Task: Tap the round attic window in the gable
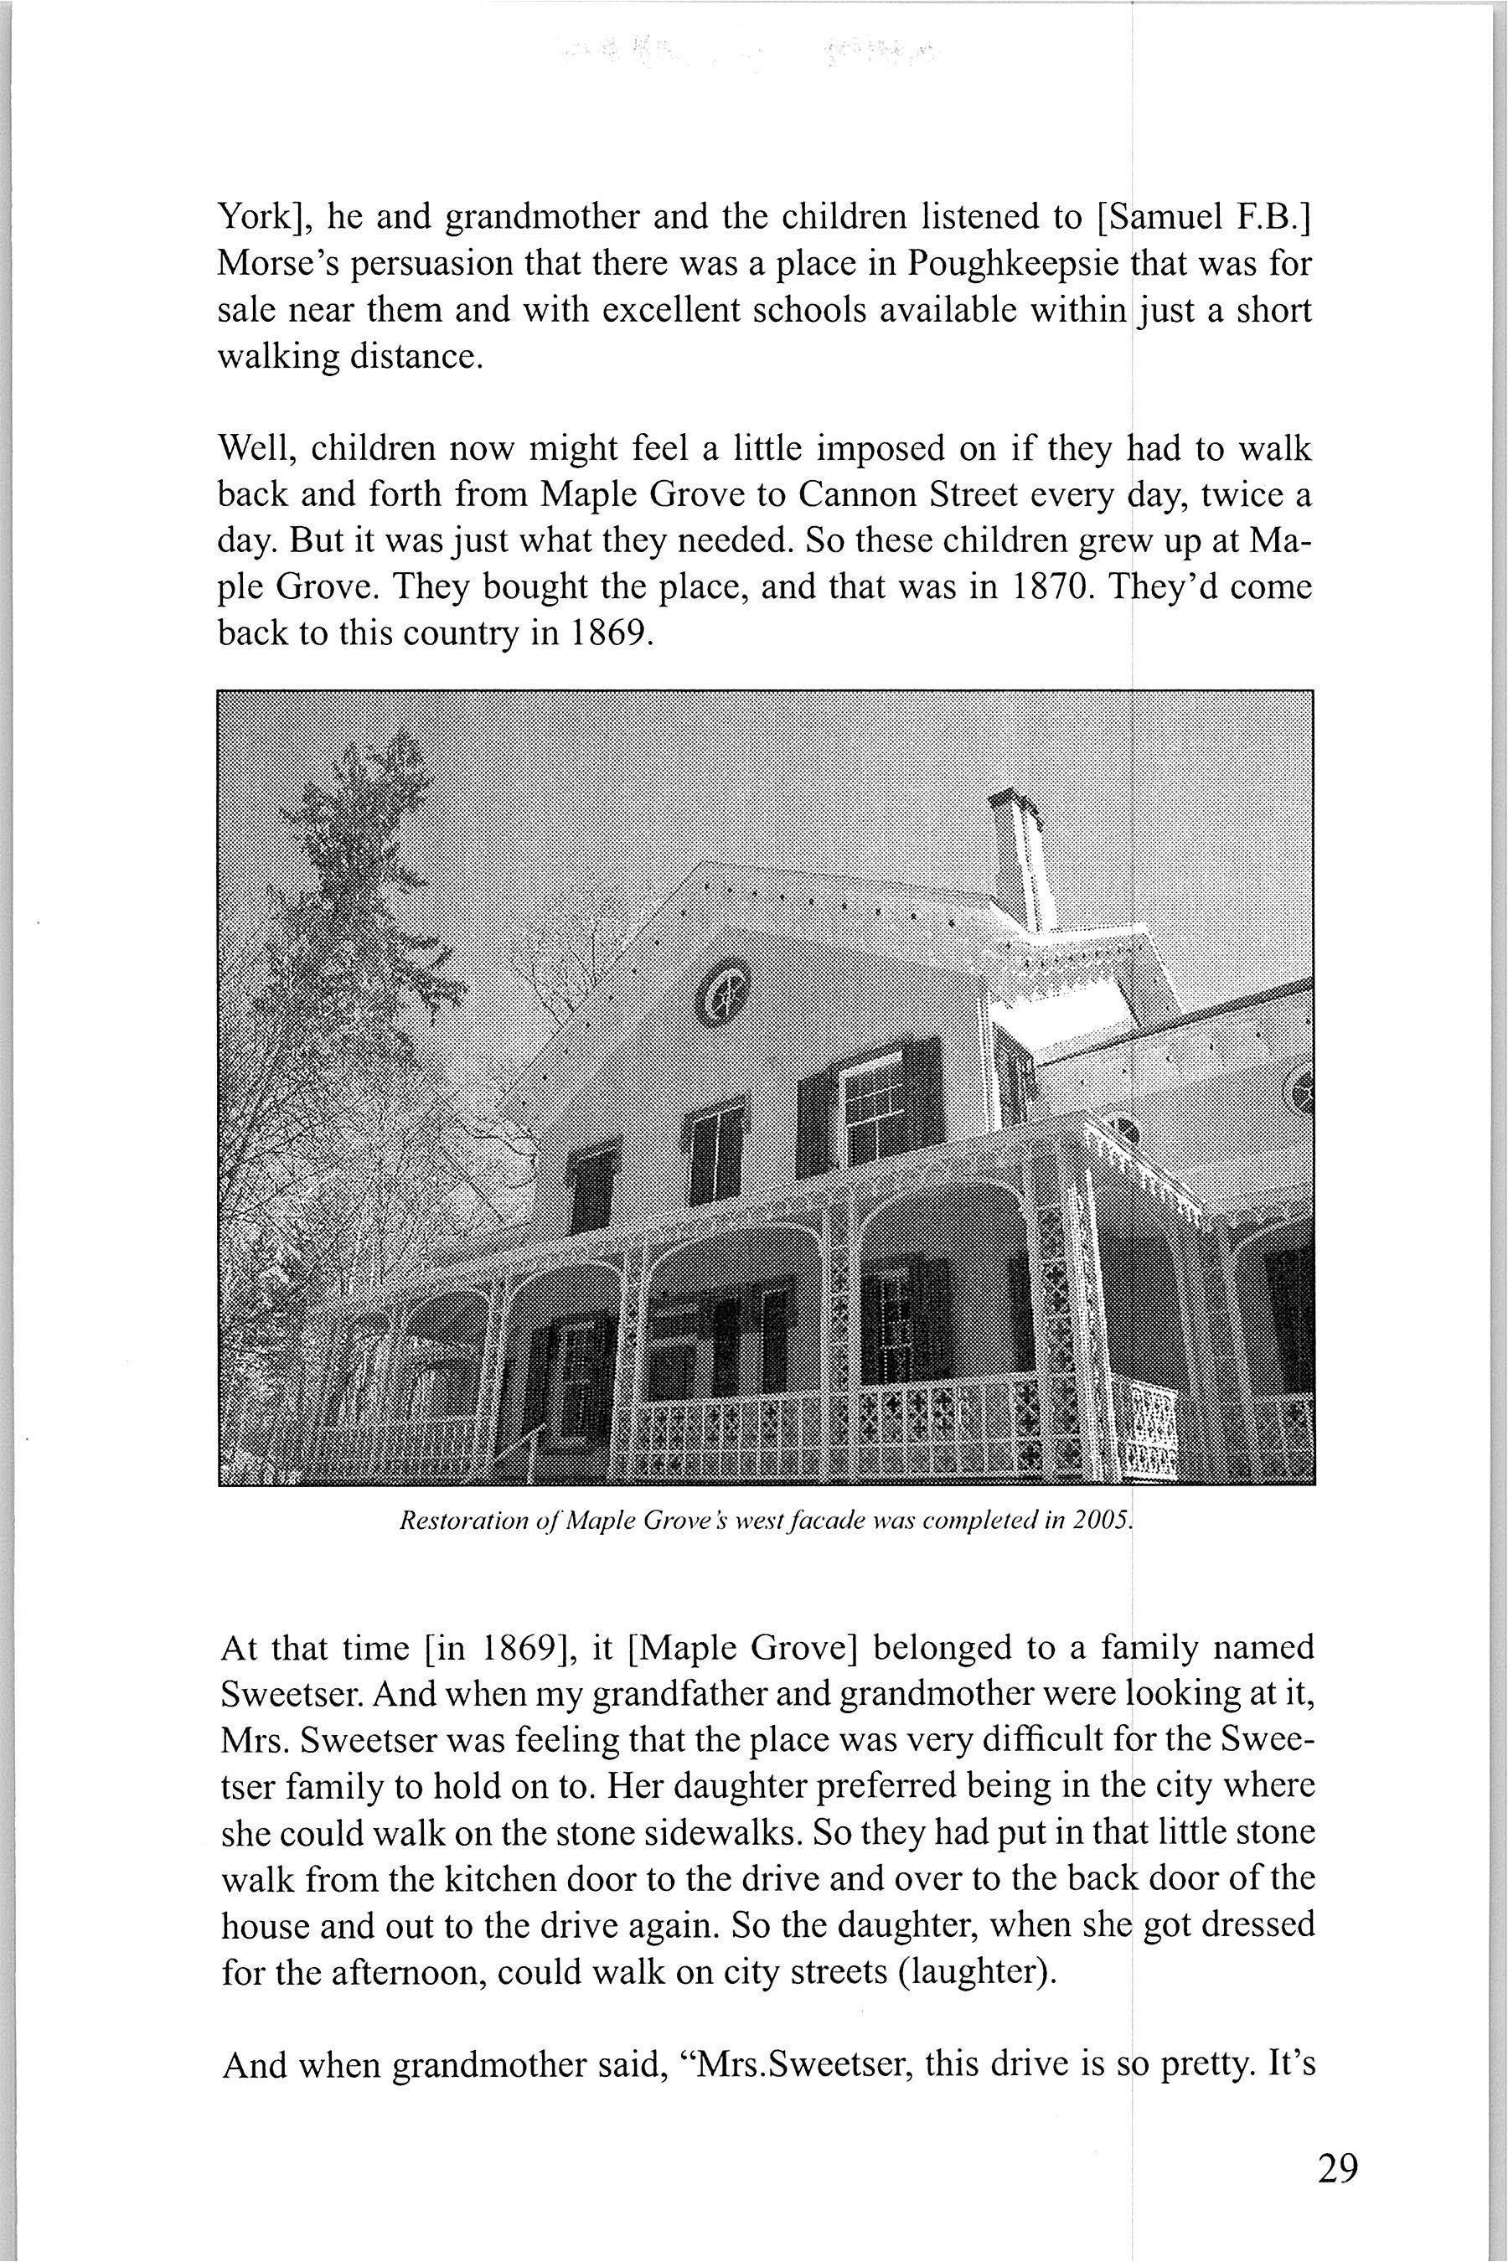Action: [724, 992]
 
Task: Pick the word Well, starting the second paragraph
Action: [257, 449]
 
